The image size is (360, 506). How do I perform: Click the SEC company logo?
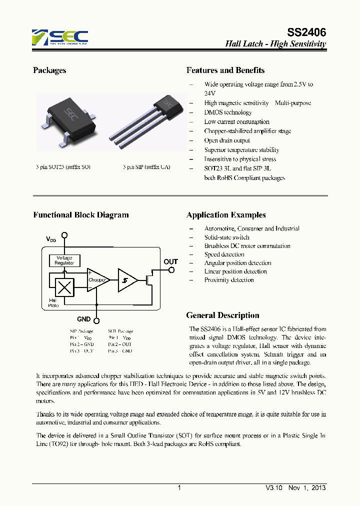[x=60, y=37]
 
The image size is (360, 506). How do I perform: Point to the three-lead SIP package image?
[x=145, y=120]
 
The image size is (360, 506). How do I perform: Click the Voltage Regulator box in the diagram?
[x=64, y=260]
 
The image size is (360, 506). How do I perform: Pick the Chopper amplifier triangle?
[x=96, y=280]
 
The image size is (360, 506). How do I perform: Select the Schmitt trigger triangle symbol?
[x=126, y=280]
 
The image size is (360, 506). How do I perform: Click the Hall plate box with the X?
[x=64, y=287]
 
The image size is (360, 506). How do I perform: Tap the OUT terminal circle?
[x=171, y=270]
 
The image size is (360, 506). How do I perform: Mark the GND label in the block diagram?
[x=84, y=319]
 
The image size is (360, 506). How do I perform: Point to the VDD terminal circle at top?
[x=64, y=235]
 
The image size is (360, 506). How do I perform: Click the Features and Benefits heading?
[x=225, y=70]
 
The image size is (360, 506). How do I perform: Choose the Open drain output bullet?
[x=227, y=140]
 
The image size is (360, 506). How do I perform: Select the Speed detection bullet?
[x=224, y=254]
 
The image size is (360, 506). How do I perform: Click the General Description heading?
[x=222, y=315]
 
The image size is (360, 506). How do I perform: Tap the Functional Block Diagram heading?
[x=81, y=215]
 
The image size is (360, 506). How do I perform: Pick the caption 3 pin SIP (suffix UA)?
[x=146, y=166]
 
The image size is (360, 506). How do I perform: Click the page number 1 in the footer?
[x=178, y=488]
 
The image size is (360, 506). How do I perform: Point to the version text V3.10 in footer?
[x=274, y=488]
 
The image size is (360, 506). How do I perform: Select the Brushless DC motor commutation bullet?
[x=247, y=246]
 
